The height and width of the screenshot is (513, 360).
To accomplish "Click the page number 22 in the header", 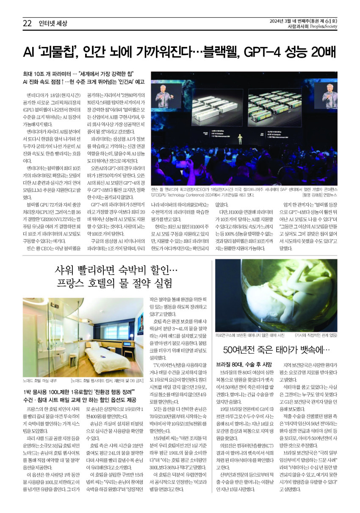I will click(28, 24).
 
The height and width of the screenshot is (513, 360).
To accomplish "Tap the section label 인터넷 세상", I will click(53, 24).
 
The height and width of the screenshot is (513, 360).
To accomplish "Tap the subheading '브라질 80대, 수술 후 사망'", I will click(244, 364).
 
